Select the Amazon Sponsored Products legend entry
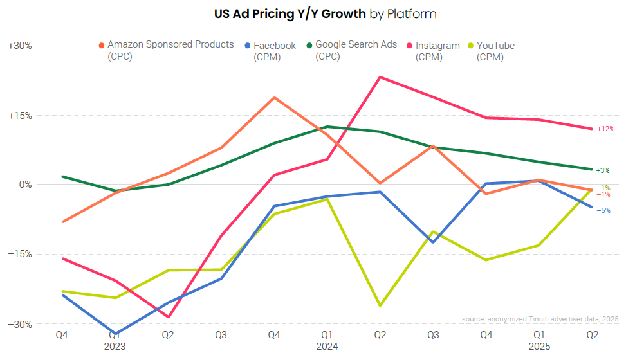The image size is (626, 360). point(170,45)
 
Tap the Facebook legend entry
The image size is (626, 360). point(275,46)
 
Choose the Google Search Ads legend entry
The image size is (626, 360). point(356,45)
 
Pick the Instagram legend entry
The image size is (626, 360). point(437,46)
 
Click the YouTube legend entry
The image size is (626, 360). point(495,46)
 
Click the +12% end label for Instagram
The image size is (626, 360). point(605,129)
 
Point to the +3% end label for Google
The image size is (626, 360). point(603,170)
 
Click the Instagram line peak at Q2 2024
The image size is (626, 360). point(380,77)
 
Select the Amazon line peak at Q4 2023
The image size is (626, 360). point(275,98)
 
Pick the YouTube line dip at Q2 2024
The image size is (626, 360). point(380,305)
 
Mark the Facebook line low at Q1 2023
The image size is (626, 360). point(116,334)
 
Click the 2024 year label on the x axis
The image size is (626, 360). point(327,346)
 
